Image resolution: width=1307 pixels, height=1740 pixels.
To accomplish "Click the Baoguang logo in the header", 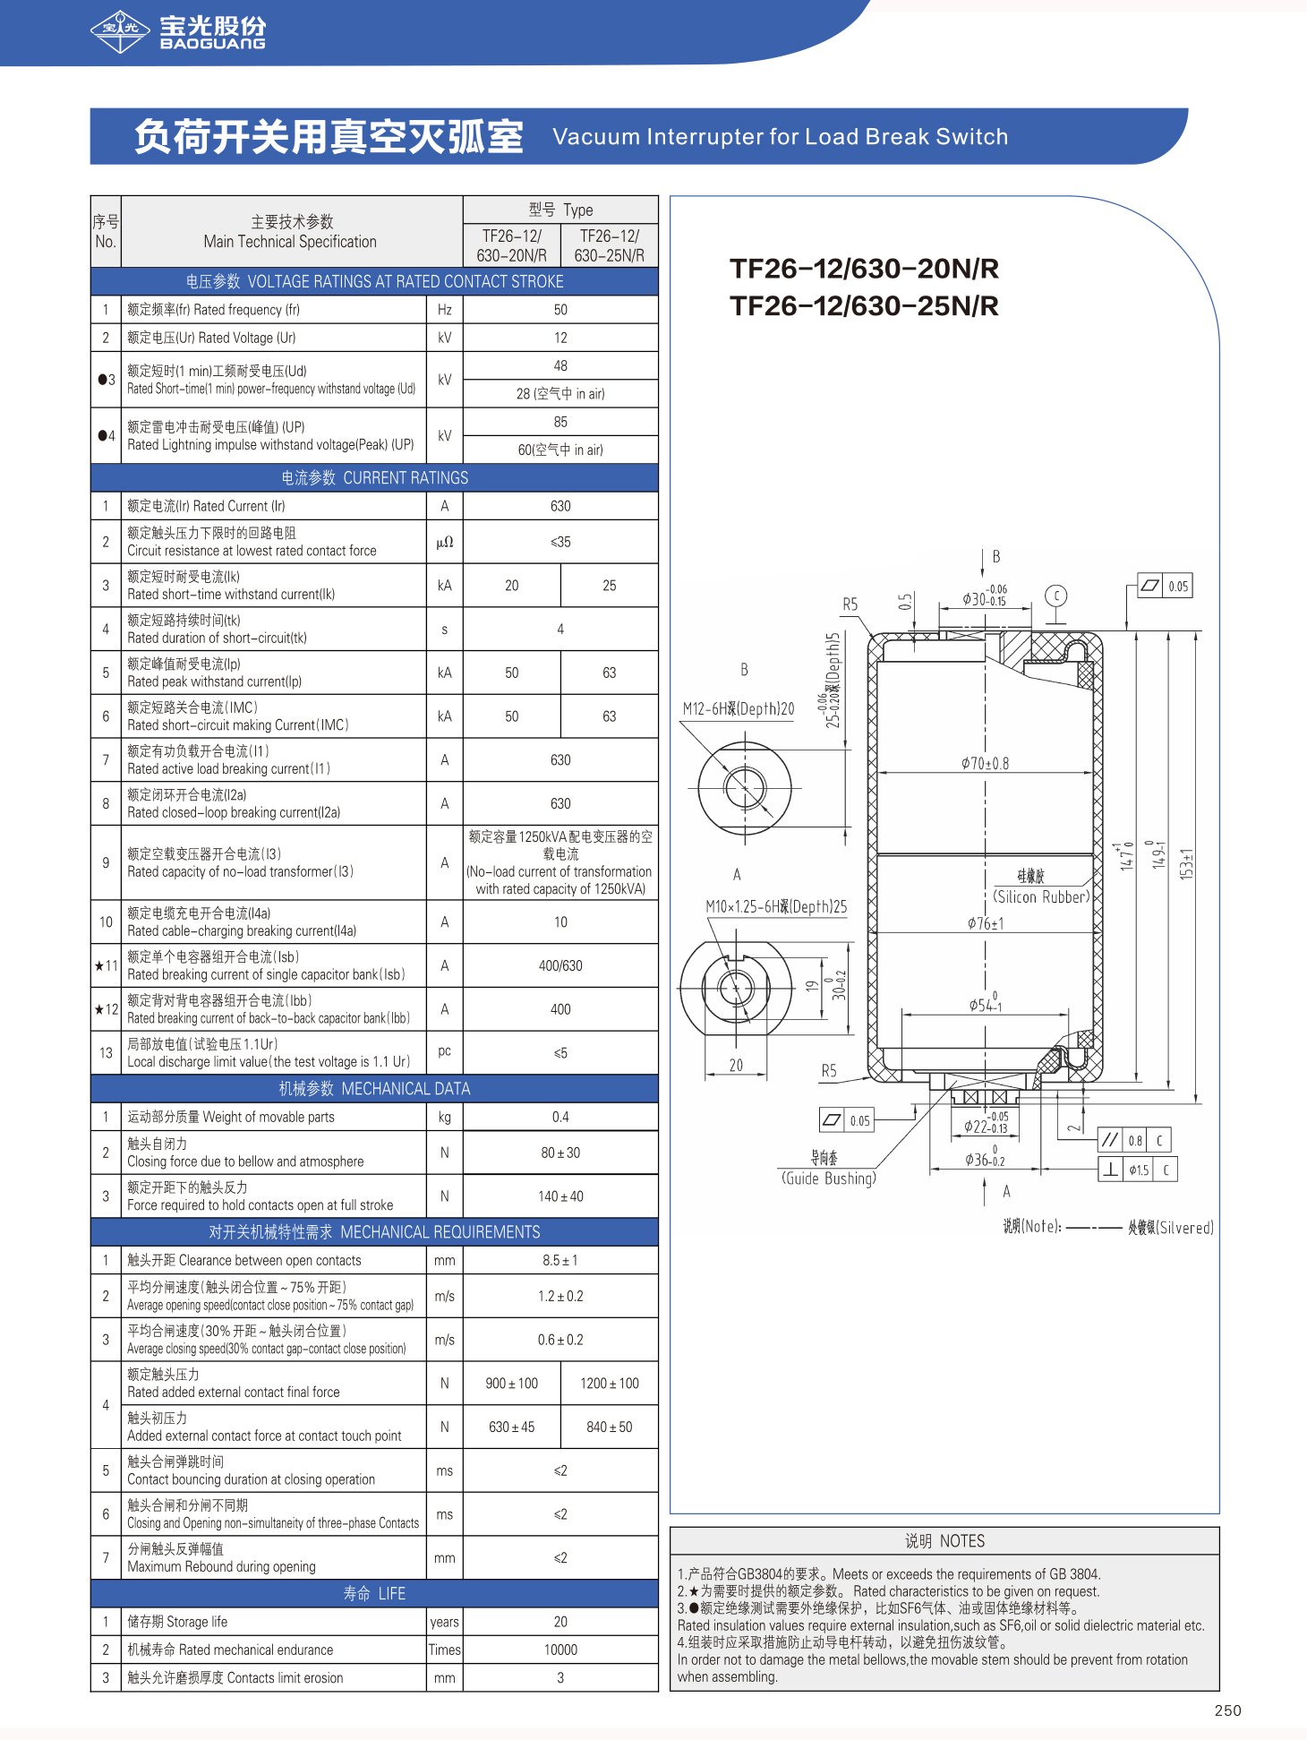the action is tap(178, 31).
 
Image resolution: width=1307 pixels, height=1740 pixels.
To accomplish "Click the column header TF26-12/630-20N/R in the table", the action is tap(511, 245).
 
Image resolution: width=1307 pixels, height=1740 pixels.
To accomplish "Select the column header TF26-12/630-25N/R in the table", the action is tap(609, 245).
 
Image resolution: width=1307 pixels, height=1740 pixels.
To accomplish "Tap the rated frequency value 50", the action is tap(560, 310).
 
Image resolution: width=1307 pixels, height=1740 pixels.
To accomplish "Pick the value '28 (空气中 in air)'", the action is tap(560, 394).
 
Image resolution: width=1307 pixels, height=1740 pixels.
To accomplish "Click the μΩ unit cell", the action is tap(445, 542).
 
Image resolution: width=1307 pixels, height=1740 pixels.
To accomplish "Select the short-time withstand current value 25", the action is tap(609, 586).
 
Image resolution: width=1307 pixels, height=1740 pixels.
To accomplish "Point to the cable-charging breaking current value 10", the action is tap(560, 922).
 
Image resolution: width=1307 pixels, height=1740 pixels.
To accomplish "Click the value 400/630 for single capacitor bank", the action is tap(560, 966).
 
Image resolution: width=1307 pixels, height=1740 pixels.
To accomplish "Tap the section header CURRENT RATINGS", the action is tap(374, 478).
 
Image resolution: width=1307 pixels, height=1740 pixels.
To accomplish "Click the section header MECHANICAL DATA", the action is tap(374, 1089).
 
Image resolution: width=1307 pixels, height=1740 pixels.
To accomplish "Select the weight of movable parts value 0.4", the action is tap(560, 1118).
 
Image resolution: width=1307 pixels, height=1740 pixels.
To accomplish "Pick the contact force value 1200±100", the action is tap(609, 1384).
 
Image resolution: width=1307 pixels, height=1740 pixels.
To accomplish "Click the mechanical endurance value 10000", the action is tap(560, 1650).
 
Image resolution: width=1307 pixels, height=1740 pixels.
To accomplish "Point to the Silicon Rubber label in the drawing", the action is tap(1041, 896).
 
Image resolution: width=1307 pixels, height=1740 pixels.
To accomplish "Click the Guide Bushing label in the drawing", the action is tap(828, 1179).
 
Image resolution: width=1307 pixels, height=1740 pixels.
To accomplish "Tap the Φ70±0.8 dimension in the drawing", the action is tap(985, 763).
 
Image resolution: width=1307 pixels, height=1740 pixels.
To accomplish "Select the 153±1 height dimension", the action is tap(1187, 863).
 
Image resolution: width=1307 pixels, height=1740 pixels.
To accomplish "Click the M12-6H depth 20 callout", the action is tap(738, 708).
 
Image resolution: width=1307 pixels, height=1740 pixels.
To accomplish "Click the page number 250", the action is tap(1227, 1710).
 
